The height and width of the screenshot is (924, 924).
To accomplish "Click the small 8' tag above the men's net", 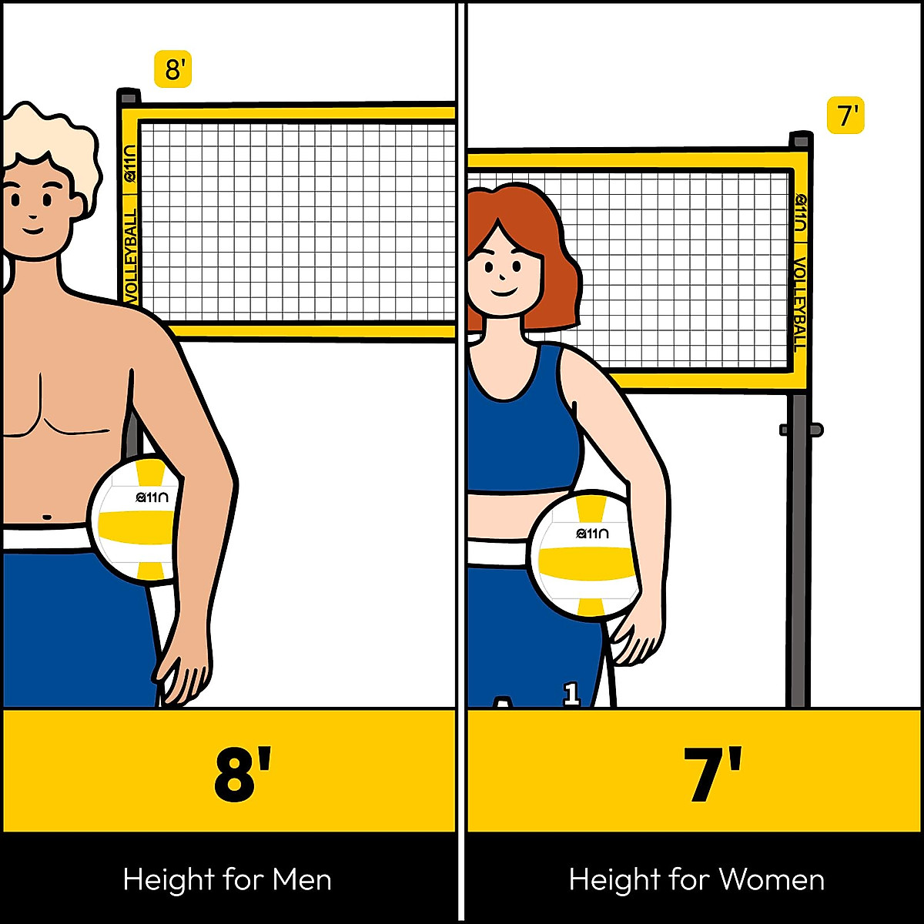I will click(x=172, y=69).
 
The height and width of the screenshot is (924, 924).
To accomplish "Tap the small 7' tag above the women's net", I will click(x=846, y=116).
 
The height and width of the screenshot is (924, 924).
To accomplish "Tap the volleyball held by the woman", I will click(x=585, y=554).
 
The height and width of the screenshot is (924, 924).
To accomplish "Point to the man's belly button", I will click(x=47, y=517).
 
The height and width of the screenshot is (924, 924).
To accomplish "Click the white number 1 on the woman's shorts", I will click(x=571, y=694).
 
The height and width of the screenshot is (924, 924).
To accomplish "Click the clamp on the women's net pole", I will click(x=801, y=430).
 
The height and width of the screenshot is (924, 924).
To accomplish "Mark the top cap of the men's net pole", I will click(x=129, y=97).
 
